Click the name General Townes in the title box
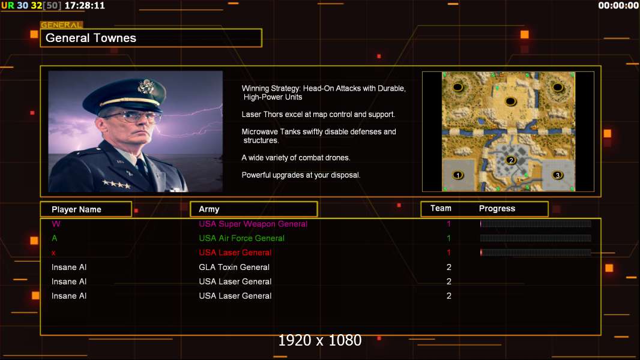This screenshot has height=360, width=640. [x=91, y=38]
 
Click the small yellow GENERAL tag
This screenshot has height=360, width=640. [x=62, y=25]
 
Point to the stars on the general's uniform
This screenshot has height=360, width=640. [x=116, y=184]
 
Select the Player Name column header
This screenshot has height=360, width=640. [x=76, y=209]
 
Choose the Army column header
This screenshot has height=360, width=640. [x=209, y=209]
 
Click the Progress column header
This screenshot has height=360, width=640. [x=497, y=209]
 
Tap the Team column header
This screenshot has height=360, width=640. [x=441, y=208]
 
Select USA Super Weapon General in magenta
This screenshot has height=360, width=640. [x=253, y=224]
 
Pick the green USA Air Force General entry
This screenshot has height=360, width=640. [x=241, y=238]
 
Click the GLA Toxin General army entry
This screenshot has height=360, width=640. [x=234, y=267]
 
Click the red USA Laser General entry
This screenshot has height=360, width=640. [x=235, y=253]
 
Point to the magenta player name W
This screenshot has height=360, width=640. [x=56, y=224]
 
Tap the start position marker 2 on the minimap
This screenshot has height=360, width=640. [x=510, y=160]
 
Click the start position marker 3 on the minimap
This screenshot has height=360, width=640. [x=557, y=175]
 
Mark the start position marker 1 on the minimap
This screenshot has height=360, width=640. [x=458, y=175]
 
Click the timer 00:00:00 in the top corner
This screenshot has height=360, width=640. [x=618, y=6]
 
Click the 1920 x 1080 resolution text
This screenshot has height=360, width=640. [x=320, y=340]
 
